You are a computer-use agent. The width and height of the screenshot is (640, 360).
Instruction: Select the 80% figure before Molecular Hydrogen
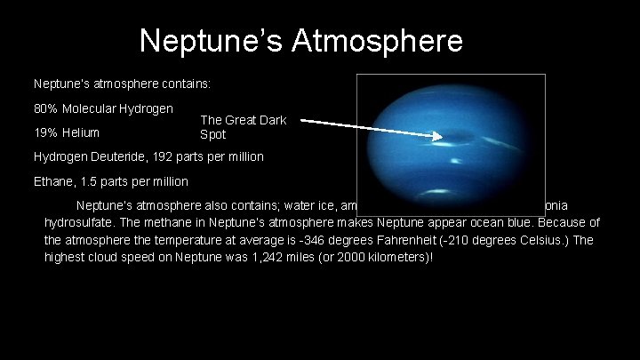(45, 108)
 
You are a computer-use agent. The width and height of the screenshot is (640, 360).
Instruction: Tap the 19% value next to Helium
(45, 133)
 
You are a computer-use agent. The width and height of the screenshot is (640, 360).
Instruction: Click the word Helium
(83, 133)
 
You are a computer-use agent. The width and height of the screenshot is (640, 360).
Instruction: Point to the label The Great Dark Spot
(242, 127)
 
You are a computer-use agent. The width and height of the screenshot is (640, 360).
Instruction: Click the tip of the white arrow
(442, 137)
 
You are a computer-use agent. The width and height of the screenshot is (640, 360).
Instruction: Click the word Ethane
(54, 181)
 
